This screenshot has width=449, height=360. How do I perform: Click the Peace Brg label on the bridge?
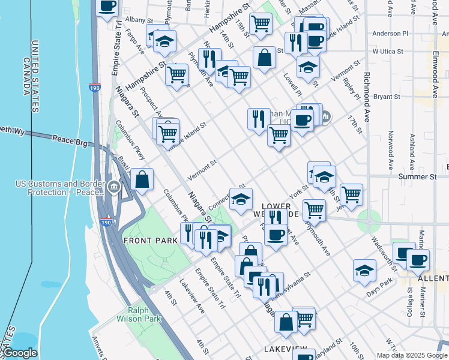tap(70, 141)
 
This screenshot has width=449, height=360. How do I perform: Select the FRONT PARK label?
tap(150, 241)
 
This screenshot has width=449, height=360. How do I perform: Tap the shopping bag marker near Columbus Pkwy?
tap(142, 179)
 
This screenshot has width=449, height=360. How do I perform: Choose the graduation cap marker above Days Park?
tap(364, 270)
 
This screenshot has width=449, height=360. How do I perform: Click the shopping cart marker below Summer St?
tap(351, 194)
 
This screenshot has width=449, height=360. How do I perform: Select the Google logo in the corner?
tap(20, 353)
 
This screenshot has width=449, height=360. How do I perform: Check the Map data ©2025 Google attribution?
tap(411, 355)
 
